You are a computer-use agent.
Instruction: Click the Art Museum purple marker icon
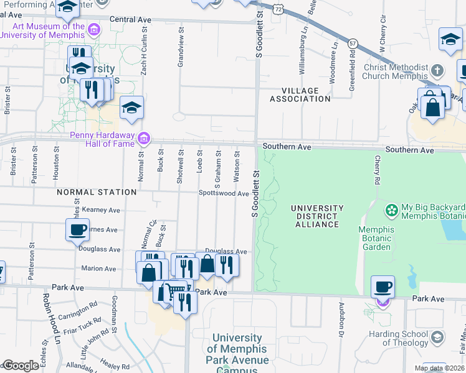(x=93, y=30)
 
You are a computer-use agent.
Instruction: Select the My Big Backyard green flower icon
(x=392, y=211)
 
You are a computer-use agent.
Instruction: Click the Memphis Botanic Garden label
(x=376, y=238)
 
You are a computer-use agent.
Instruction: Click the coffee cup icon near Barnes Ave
(x=78, y=229)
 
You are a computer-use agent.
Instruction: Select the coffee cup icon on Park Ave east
(x=383, y=287)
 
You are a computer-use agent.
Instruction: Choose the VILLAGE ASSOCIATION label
(x=300, y=94)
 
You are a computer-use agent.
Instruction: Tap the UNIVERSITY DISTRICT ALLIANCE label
(x=317, y=216)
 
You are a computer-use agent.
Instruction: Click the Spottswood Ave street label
(x=224, y=193)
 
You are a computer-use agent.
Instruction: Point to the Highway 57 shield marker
(x=353, y=43)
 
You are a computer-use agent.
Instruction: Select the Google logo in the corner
(x=21, y=366)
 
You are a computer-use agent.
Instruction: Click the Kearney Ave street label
(x=100, y=211)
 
